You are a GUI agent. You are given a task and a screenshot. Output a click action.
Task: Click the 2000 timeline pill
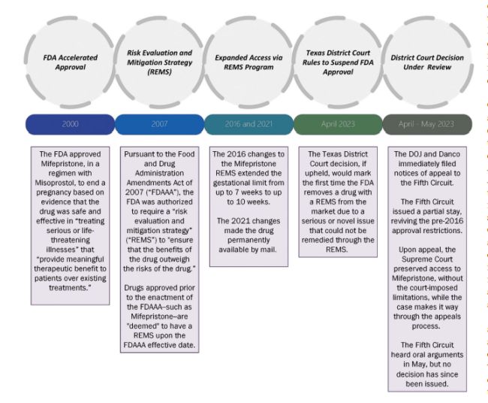point(68,124)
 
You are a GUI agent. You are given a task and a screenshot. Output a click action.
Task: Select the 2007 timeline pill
point(158,124)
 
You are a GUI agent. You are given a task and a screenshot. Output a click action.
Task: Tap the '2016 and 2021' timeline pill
point(248,124)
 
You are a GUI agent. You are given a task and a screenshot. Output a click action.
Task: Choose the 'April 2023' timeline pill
point(337,124)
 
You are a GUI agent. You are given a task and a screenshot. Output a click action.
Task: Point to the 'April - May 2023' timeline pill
point(427,124)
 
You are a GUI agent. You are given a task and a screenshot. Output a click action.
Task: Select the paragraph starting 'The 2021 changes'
point(248,239)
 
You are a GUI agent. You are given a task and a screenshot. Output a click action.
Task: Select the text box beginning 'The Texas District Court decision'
point(337,202)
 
